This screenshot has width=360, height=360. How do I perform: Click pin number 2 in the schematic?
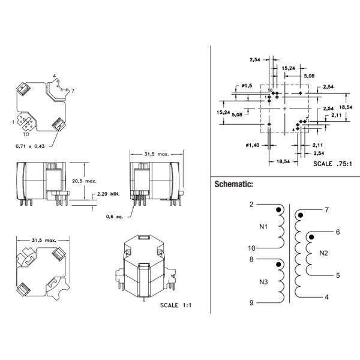[252, 205]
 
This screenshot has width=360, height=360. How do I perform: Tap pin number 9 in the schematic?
[252, 303]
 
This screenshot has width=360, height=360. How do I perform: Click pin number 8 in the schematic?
[252, 259]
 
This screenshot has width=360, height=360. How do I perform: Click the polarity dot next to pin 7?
[301, 214]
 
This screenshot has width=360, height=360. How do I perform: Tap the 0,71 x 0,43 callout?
[29, 146]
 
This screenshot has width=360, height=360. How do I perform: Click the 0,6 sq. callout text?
[114, 217]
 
